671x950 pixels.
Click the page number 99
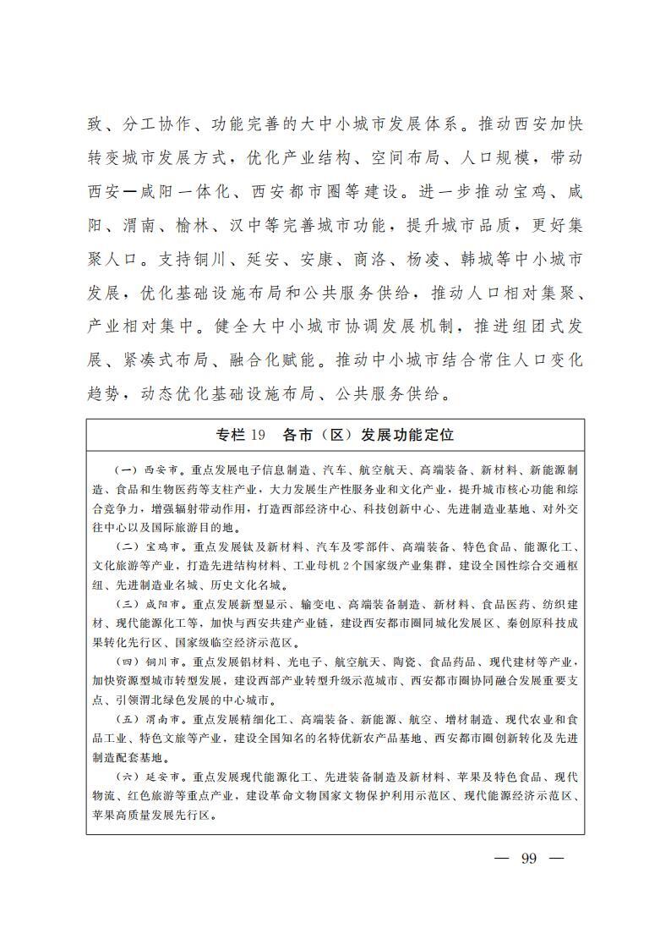point(529,858)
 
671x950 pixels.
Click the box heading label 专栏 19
point(241,435)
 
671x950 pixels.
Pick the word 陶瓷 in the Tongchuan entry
point(396,662)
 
